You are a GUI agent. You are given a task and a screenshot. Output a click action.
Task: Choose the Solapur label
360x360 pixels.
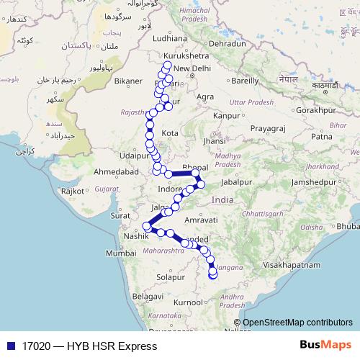pyautogui.click(x=174, y=276)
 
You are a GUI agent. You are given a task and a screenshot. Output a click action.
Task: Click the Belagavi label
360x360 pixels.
pyautogui.click(x=148, y=296)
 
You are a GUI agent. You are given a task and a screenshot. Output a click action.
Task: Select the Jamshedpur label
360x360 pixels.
pyautogui.click(x=312, y=181)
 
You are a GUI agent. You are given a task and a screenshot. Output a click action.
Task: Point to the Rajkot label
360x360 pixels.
pyautogui.click(x=73, y=191)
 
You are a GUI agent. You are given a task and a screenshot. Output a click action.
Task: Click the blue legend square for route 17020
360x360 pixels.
pyautogui.click(x=10, y=346)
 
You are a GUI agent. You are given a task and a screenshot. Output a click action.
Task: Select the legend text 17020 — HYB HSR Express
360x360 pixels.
pyautogui.click(x=89, y=346)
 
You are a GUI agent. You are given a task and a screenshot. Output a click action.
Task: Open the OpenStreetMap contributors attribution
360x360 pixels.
pyautogui.click(x=297, y=323)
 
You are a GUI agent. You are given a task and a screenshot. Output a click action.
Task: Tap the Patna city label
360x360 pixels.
pyautogui.click(x=320, y=135)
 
